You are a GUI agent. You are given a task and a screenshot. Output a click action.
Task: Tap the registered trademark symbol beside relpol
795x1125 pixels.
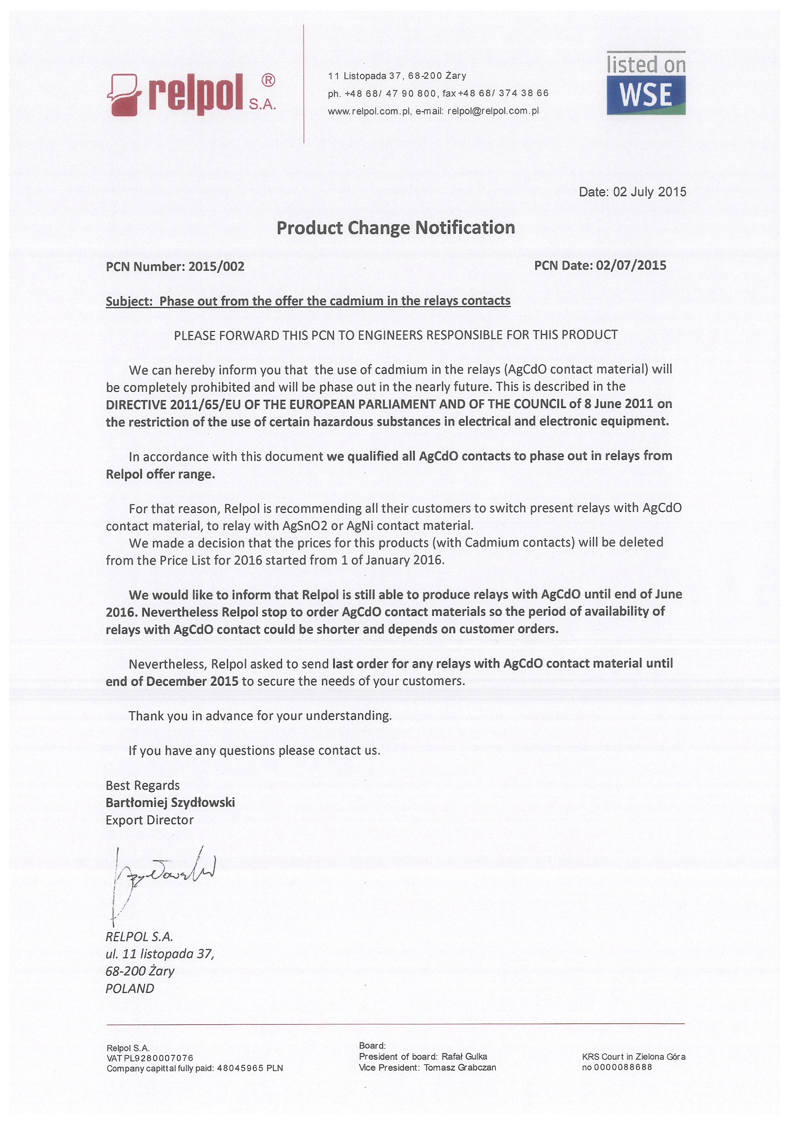(268, 80)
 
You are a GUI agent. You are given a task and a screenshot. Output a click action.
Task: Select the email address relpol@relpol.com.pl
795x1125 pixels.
(493, 111)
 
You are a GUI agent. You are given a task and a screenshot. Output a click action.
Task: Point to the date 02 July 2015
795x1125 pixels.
(650, 192)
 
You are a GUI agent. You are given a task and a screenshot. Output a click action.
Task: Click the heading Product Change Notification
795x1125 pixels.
(396, 228)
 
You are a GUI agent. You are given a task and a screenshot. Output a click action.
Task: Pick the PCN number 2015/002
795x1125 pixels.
(216, 267)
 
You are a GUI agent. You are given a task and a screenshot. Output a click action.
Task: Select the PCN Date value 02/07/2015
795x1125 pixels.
(631, 266)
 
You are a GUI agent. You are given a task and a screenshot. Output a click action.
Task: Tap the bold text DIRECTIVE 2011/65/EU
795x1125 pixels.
(169, 404)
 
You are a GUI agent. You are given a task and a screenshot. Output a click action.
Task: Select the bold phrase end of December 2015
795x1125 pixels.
(172, 681)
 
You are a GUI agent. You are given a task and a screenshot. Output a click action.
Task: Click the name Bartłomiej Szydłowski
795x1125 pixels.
(170, 803)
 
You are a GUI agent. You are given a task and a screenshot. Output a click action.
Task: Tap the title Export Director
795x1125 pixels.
(150, 820)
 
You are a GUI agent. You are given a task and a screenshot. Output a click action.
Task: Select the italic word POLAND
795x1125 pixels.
(130, 989)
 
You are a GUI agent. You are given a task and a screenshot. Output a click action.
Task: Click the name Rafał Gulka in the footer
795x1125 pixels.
(464, 1056)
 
